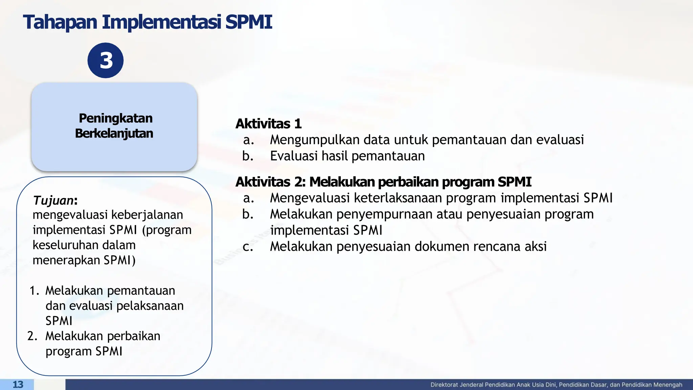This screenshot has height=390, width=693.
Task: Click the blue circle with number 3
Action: coord(106,61)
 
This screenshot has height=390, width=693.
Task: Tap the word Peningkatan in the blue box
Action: coord(115,118)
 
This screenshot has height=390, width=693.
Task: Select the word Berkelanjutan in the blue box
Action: coord(114,133)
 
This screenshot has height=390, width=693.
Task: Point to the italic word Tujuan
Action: coord(53,200)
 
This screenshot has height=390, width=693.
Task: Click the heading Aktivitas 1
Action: coord(268,124)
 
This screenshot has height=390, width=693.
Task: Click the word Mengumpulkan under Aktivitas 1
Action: coord(314,140)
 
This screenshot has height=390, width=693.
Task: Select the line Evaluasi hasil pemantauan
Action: coord(347,156)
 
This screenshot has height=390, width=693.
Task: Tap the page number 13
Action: coord(18,385)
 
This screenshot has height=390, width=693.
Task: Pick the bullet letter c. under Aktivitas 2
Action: coord(248,247)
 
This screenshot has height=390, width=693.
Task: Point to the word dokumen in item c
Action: coord(441,246)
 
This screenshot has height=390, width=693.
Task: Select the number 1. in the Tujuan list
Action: coord(35,291)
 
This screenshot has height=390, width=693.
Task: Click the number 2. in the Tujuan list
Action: coord(32,336)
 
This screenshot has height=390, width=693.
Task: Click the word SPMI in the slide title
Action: coord(249,22)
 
